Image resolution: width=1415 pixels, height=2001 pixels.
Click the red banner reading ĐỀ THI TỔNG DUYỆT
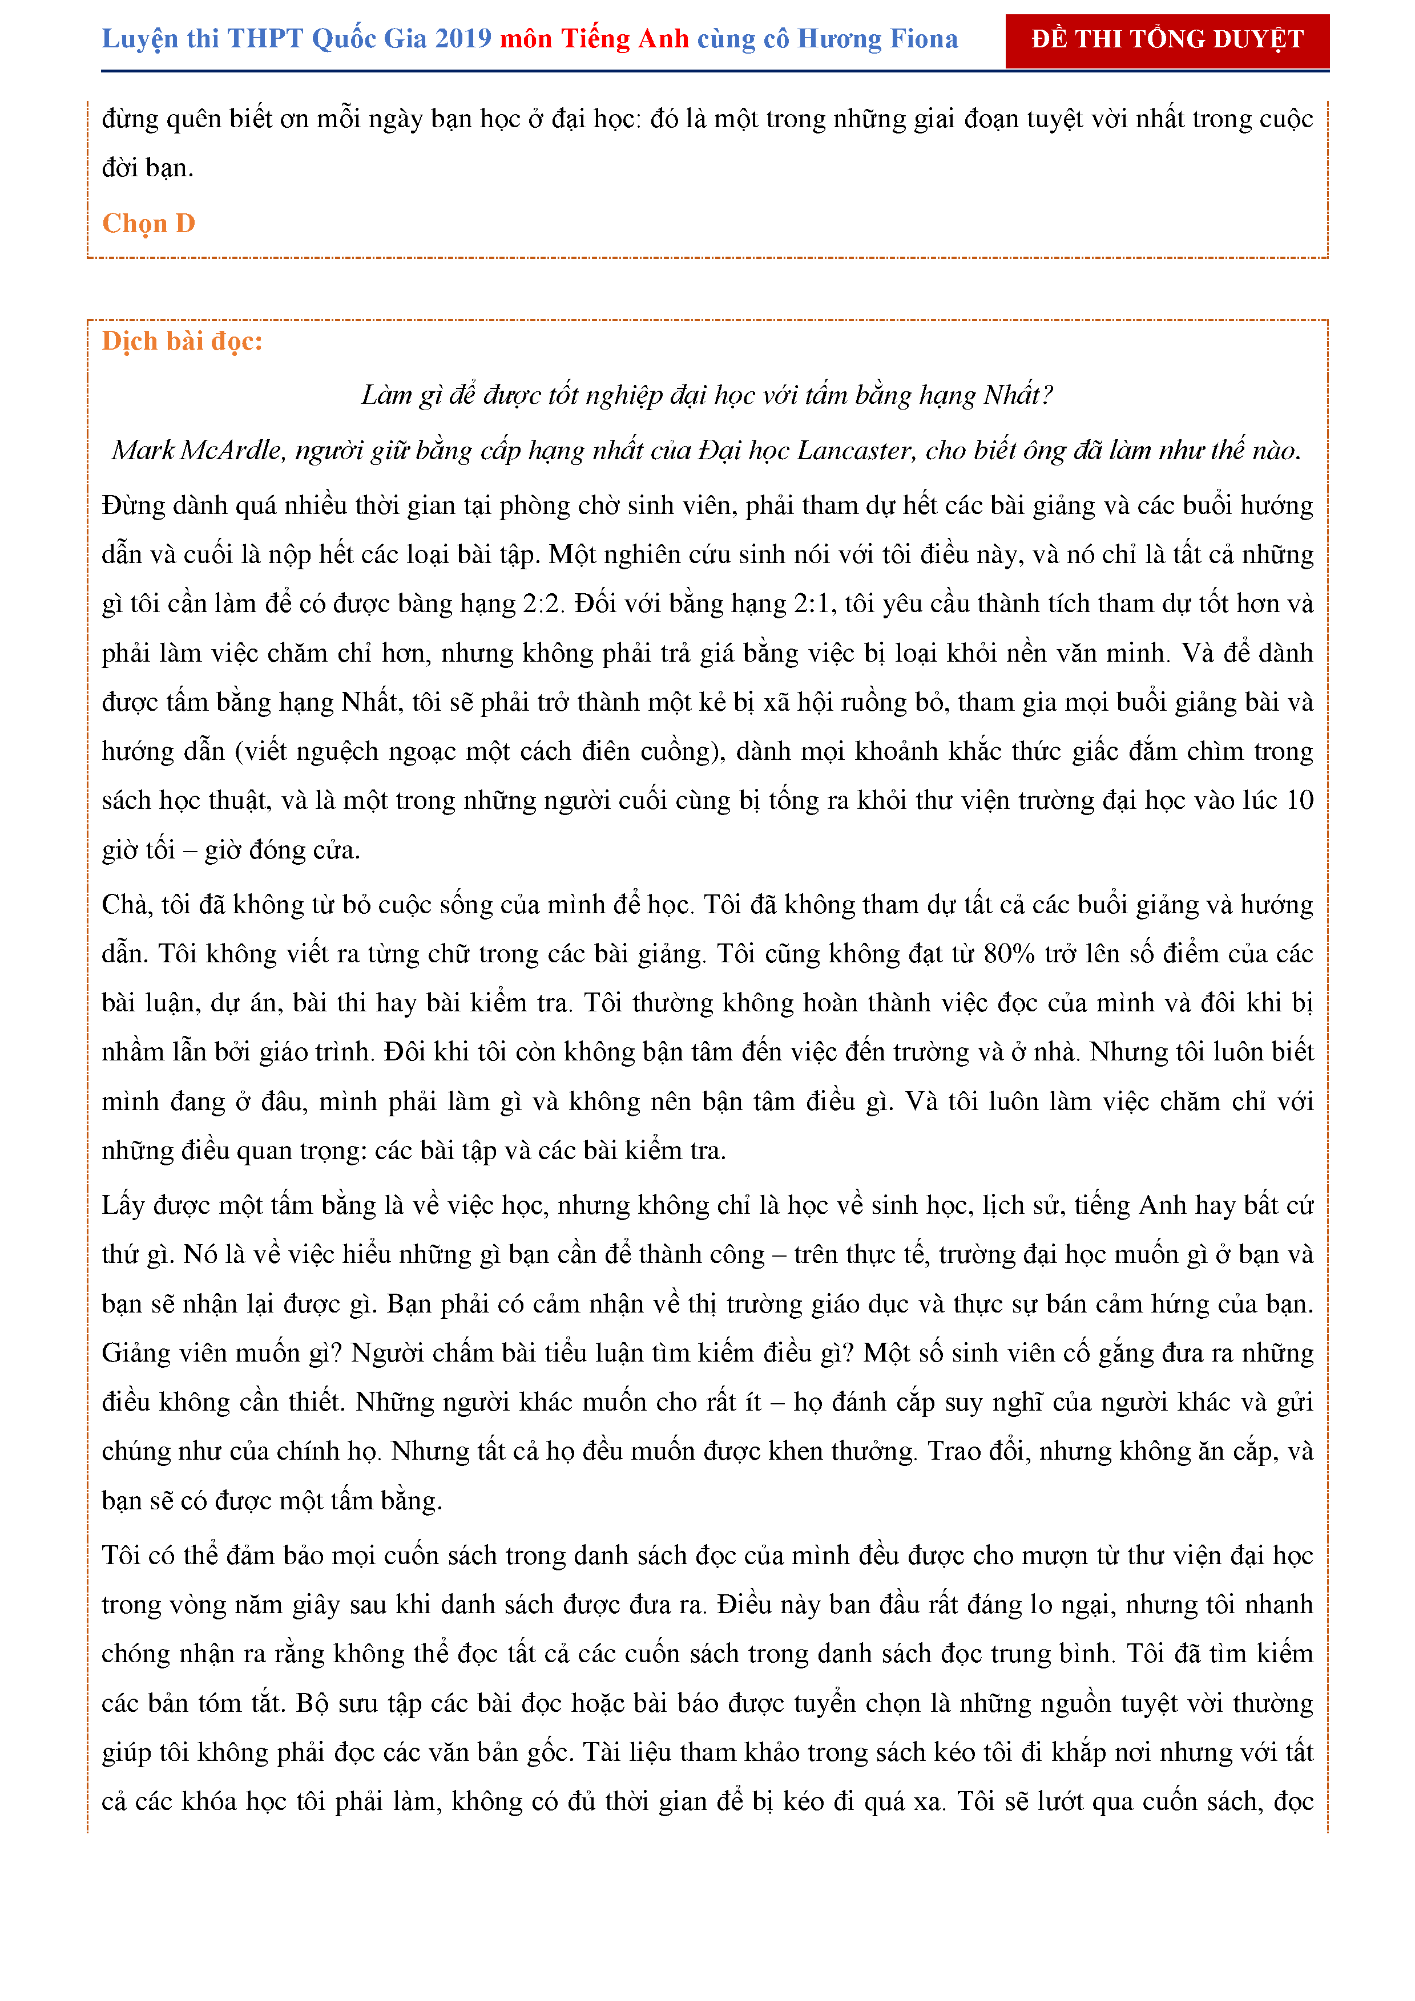tap(1167, 40)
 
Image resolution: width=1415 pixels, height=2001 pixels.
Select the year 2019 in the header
tap(463, 40)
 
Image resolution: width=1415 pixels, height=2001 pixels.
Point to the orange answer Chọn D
tap(148, 224)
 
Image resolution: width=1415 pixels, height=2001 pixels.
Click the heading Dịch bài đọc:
tap(182, 342)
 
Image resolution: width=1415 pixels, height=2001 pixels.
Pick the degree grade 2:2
tap(542, 604)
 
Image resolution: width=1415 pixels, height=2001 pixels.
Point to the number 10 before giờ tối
tap(1299, 801)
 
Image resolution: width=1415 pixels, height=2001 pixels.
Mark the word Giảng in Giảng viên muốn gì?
tap(135, 1354)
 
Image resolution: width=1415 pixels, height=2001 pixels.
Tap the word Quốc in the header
tap(344, 40)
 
